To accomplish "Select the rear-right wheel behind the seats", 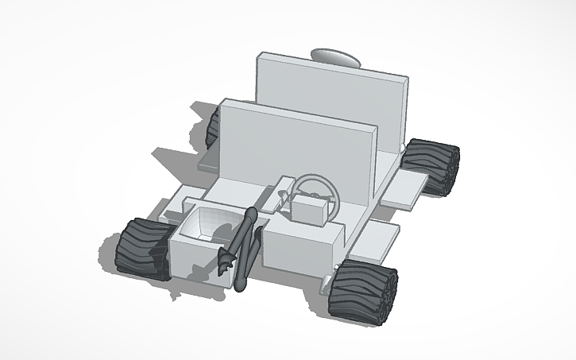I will (x=432, y=165).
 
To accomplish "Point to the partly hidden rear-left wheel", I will (x=212, y=127).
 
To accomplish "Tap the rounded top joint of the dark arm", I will (x=252, y=214).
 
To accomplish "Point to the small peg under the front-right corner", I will (x=327, y=280).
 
